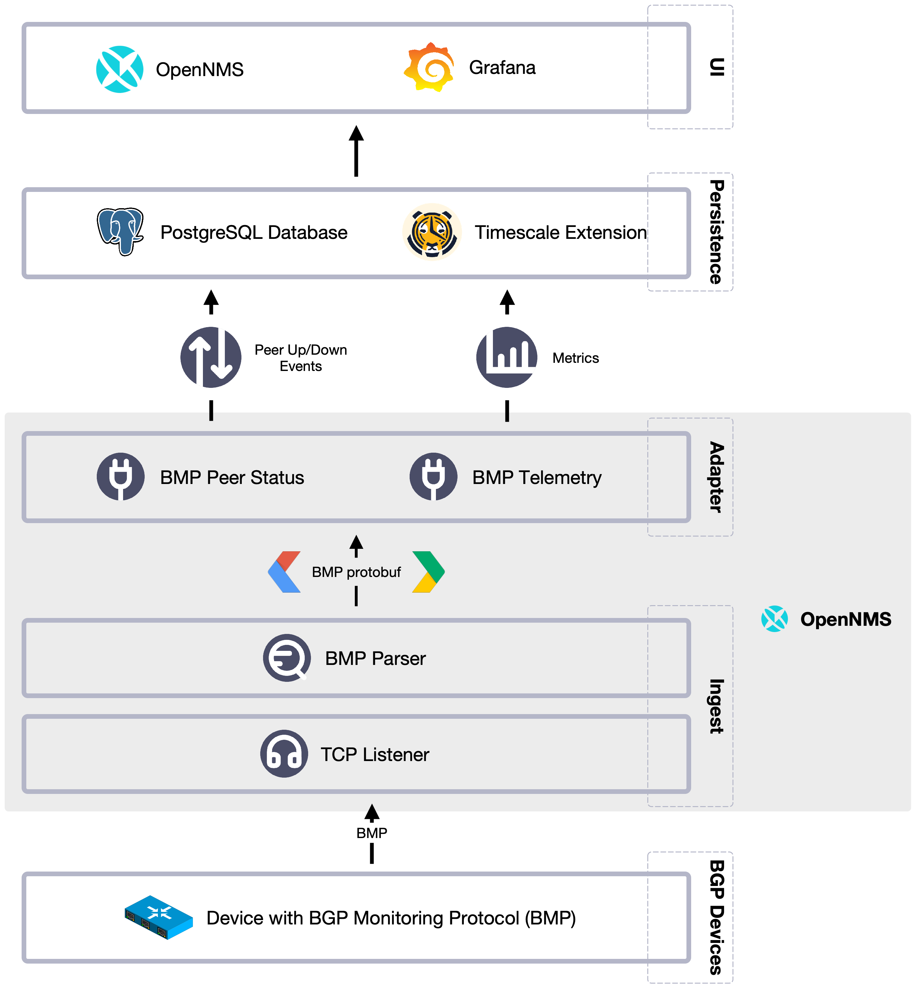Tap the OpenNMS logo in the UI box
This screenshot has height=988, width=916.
tap(119, 69)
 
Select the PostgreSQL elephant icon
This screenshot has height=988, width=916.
tap(120, 231)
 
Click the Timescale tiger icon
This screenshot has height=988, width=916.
tap(432, 232)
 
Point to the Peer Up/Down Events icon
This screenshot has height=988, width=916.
tap(211, 357)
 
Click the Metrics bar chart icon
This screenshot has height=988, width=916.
tap(507, 357)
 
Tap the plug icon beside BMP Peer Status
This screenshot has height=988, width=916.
tap(121, 477)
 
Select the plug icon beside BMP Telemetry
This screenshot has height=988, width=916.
tap(433, 477)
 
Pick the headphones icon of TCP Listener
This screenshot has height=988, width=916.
tap(284, 754)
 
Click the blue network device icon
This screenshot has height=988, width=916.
tap(158, 917)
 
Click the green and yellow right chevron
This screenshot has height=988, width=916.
tap(428, 572)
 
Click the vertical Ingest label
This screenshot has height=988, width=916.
tap(716, 706)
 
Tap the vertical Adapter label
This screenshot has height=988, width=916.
tap(716, 477)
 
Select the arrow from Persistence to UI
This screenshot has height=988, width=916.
tap(356, 151)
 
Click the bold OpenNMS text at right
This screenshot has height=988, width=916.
tap(846, 619)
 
